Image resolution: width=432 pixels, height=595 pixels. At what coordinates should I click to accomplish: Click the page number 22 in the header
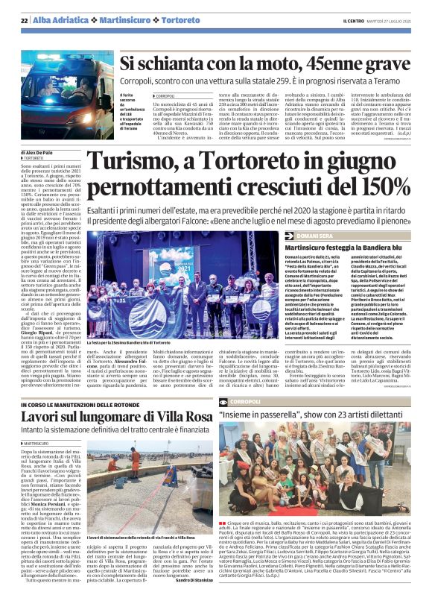point(25,19)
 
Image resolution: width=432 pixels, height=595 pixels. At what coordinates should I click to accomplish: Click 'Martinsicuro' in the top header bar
point(121,19)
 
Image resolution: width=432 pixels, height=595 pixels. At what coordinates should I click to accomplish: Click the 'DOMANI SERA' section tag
point(310,235)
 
